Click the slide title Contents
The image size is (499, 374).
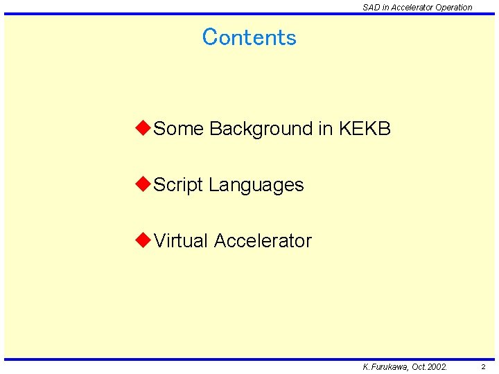[x=249, y=37]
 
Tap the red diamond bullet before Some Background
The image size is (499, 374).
[x=143, y=128]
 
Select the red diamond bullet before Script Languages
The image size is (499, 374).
[x=143, y=184]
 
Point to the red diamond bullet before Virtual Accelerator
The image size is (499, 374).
[x=143, y=240]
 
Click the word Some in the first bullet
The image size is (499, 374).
[x=178, y=129]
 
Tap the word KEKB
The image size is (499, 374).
[x=365, y=129]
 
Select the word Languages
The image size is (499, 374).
[x=256, y=186]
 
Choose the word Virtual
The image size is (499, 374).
[x=181, y=241]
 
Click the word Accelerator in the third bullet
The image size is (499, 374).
[x=263, y=241]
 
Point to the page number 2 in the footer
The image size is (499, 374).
[x=483, y=367]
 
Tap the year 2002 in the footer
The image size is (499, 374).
[x=437, y=367]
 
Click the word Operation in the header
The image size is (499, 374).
[x=454, y=8]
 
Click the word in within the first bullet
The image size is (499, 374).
[x=326, y=129]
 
